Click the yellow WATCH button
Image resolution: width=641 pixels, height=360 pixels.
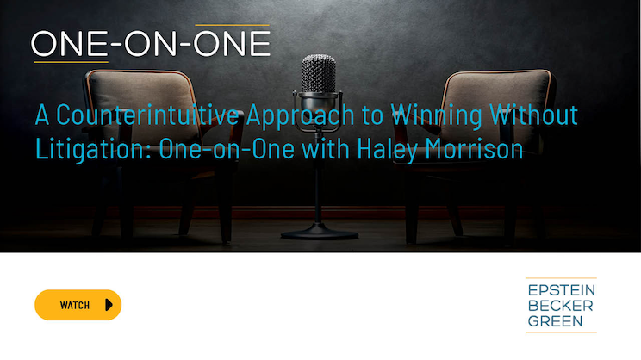78,305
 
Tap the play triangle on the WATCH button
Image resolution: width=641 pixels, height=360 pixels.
109,305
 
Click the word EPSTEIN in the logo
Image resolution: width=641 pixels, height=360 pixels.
561,290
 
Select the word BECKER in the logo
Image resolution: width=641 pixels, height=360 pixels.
560,306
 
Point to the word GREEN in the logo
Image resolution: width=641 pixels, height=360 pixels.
555,321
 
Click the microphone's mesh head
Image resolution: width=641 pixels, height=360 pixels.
319,74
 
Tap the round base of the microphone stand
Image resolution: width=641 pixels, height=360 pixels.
320,232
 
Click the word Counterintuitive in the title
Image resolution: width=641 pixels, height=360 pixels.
147,115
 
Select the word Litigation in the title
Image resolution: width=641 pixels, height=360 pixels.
94,149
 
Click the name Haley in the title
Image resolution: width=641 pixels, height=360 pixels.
387,150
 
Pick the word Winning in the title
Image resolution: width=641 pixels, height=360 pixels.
436,116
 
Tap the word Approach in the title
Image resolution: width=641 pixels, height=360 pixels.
301,116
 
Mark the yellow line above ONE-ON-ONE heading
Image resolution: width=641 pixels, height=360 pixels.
233,25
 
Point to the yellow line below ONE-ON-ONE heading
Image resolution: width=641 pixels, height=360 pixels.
71,62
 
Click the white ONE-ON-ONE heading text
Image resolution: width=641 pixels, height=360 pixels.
151,44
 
